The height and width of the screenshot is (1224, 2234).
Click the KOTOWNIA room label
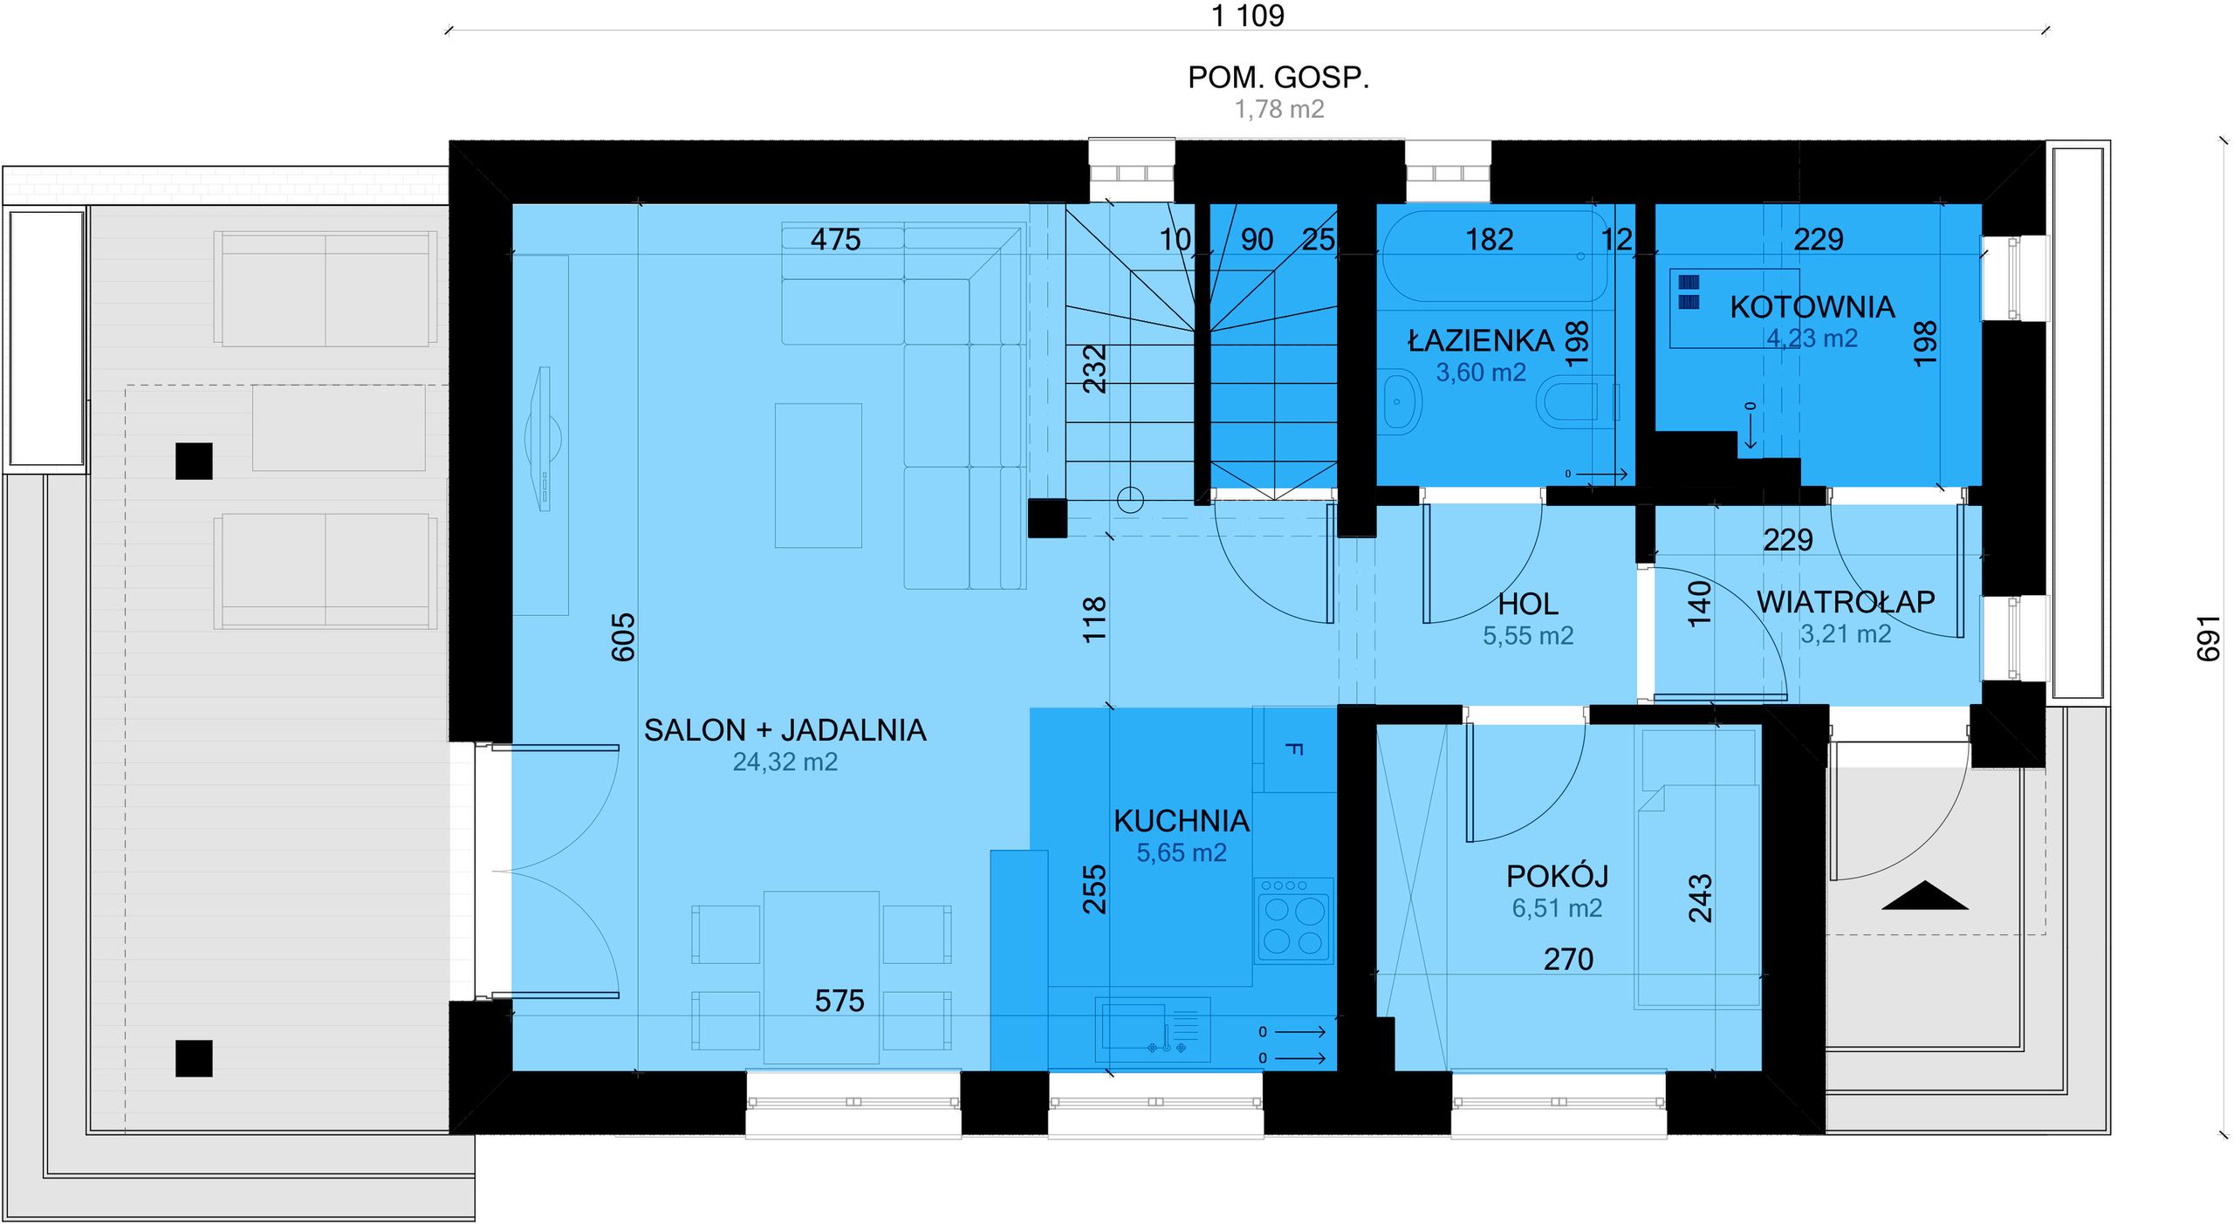tap(1812, 307)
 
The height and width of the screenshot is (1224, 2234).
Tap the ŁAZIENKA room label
tap(1481, 339)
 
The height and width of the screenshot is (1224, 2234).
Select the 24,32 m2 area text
tap(785, 762)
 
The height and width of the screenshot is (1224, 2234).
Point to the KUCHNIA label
tap(1182, 821)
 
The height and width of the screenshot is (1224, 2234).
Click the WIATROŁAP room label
tap(1846, 601)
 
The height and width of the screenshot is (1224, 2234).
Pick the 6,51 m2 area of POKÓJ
tap(1557, 908)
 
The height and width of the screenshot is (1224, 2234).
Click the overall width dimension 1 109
tap(1248, 16)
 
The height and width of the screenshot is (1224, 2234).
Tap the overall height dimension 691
tap(2208, 638)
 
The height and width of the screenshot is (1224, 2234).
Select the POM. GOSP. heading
tap(1278, 78)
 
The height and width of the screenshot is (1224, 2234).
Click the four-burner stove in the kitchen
tap(1293, 920)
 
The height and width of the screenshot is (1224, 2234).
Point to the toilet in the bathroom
tap(1573, 402)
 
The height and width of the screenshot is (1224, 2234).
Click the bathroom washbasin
tap(1400, 401)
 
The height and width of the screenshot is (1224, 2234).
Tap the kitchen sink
tap(1152, 1029)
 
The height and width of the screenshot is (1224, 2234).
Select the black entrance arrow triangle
tap(1924, 896)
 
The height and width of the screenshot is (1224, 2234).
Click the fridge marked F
tap(1294, 749)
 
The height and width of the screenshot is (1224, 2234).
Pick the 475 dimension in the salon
tap(835, 239)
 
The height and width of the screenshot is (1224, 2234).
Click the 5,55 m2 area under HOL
tap(1528, 636)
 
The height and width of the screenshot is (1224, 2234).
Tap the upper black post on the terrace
tap(194, 462)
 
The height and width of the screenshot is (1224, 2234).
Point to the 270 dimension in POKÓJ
tap(1568, 960)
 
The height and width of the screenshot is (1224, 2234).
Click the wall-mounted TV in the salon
tap(544, 439)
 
